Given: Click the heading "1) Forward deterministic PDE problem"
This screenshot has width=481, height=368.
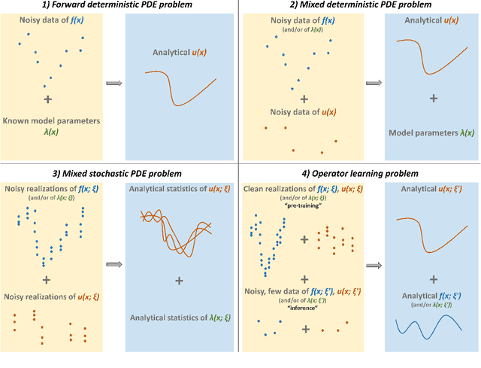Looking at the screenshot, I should coord(119,5).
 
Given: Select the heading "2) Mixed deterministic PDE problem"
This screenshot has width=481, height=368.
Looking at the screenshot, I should coord(359,5).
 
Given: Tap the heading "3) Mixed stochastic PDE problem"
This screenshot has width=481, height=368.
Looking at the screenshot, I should coord(119,174).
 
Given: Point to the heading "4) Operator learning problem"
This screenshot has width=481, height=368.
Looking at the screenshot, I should coord(359,174).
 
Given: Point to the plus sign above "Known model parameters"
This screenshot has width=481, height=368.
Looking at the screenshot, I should coord(47,99).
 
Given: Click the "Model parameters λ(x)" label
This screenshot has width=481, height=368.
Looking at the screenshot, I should coord(431,132).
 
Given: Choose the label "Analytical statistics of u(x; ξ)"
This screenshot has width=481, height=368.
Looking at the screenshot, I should coord(178,188).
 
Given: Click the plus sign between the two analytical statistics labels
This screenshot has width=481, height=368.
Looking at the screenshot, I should coord(179,281).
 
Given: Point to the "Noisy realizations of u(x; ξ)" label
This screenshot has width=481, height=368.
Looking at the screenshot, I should coord(50,297).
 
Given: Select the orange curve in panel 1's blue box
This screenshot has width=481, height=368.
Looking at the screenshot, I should coord(180,87).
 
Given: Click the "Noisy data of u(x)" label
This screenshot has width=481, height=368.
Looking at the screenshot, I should coord(303,113).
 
